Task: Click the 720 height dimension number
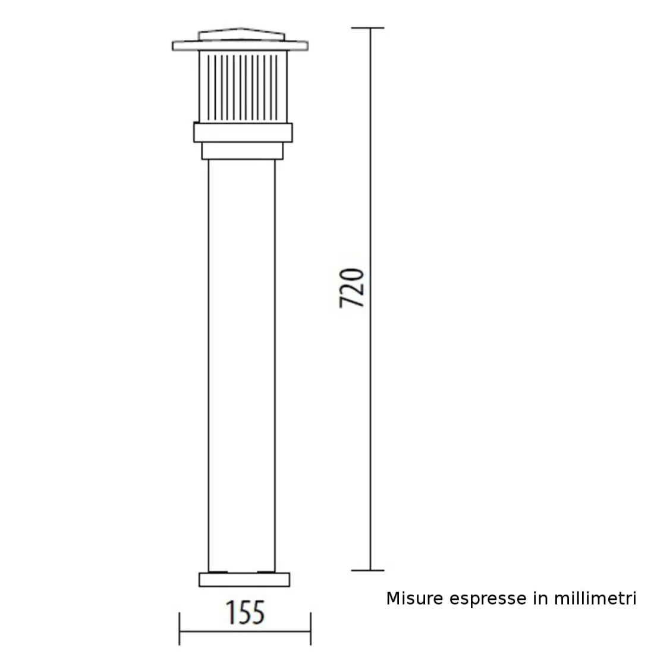pos(351,288)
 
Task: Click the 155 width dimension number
pos(244,612)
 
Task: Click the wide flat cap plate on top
pos(241,46)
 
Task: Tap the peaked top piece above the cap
pos(241,35)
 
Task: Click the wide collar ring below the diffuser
pos(243,132)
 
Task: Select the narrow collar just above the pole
pos(241,151)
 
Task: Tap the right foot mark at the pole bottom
pos(265,572)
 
